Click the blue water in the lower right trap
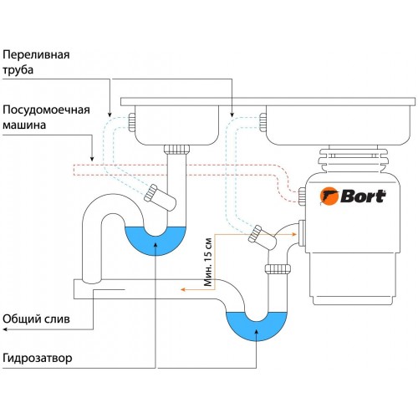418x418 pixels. tap(257, 326)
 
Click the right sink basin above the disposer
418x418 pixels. tap(334, 125)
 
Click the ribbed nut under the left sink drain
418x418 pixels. tap(176, 152)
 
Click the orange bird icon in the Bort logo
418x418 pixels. tap(329, 197)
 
